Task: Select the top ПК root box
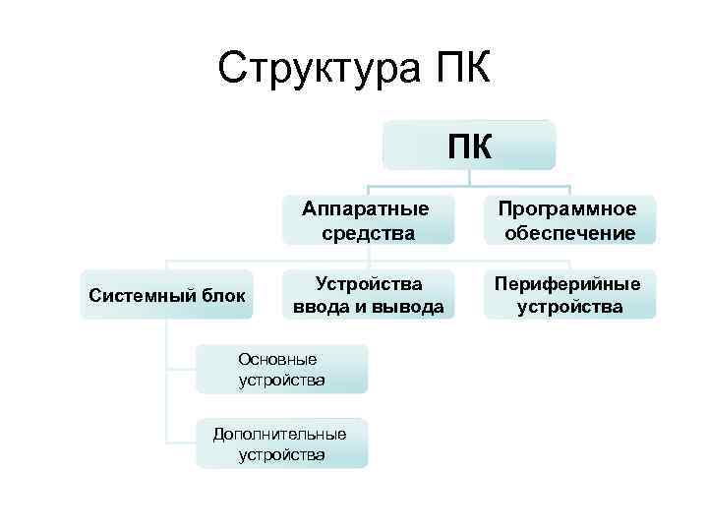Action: pos(469,146)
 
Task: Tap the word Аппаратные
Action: pos(366,208)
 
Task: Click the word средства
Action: pos(367,233)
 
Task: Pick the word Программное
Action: pos(567,208)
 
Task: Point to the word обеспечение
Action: pos(568,233)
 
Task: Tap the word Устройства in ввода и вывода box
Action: pos(369,283)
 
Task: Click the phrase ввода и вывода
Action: pos(369,308)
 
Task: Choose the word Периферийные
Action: pos(568,283)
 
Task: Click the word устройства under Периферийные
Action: pos(568,308)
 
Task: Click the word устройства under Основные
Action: pos(281,380)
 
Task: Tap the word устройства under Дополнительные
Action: pos(281,454)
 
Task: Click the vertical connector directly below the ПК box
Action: pos(469,178)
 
